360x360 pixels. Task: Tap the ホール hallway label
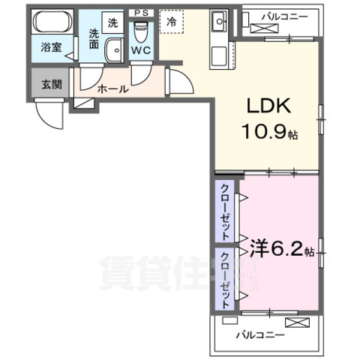pyautogui.click(x=112, y=88)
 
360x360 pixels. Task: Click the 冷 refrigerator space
pyautogui.click(x=172, y=23)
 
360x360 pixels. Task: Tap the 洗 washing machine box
pyautogui.click(x=112, y=23)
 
